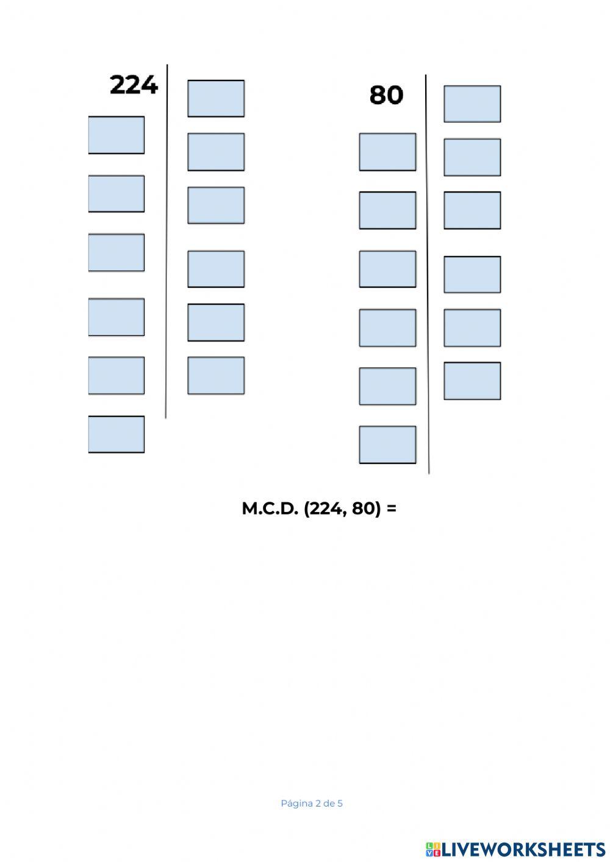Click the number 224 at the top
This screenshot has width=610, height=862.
[134, 85]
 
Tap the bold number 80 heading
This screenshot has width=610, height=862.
[386, 95]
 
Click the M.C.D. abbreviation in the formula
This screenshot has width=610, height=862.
[270, 508]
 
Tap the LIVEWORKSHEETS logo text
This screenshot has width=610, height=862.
[524, 849]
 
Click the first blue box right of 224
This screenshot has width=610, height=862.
[216, 99]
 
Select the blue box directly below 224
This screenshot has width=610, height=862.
[117, 135]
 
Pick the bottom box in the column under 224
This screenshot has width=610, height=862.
[117, 434]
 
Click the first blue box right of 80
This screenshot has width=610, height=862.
[472, 104]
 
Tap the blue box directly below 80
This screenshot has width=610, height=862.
[387, 152]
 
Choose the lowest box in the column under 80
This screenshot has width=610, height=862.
[387, 444]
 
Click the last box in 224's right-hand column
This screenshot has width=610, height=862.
[216, 376]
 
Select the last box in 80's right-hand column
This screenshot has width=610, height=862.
[472, 381]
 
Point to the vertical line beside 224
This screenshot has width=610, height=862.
[167, 241]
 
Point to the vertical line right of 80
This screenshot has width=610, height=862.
[428, 274]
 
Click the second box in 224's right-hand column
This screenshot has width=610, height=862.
[216, 152]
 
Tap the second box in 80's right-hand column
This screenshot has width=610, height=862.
[472, 157]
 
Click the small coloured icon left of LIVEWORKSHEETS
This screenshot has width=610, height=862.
[433, 850]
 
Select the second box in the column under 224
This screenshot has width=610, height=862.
[117, 194]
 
